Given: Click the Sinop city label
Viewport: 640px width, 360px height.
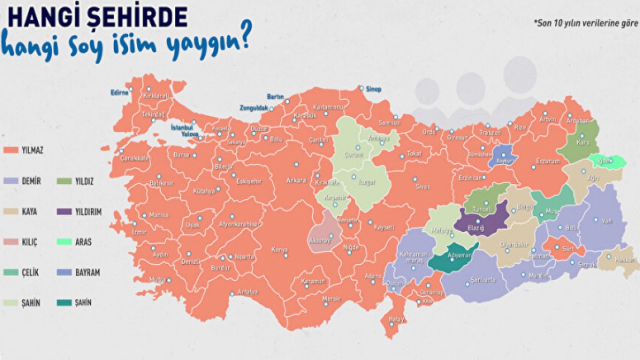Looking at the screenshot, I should click(373, 89).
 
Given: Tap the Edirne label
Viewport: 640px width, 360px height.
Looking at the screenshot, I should click(119, 92).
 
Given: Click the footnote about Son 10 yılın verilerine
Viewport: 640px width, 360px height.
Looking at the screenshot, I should click(585, 23).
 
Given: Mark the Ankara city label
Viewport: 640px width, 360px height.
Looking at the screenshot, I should click(296, 180).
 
